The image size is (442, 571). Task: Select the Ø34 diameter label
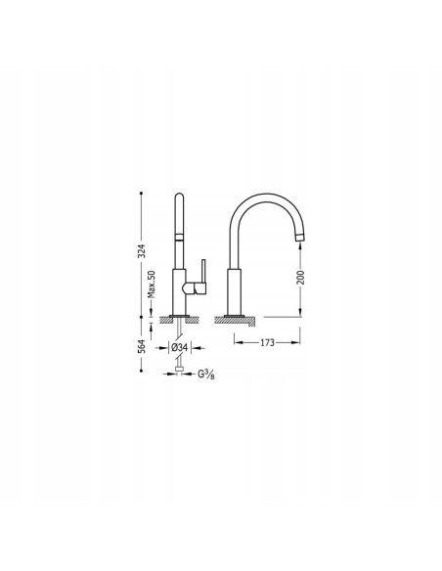179,347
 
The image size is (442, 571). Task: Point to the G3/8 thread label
207,373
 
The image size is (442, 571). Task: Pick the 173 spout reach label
267,344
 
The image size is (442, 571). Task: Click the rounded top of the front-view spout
180,198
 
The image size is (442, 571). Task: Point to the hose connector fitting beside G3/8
179,372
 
